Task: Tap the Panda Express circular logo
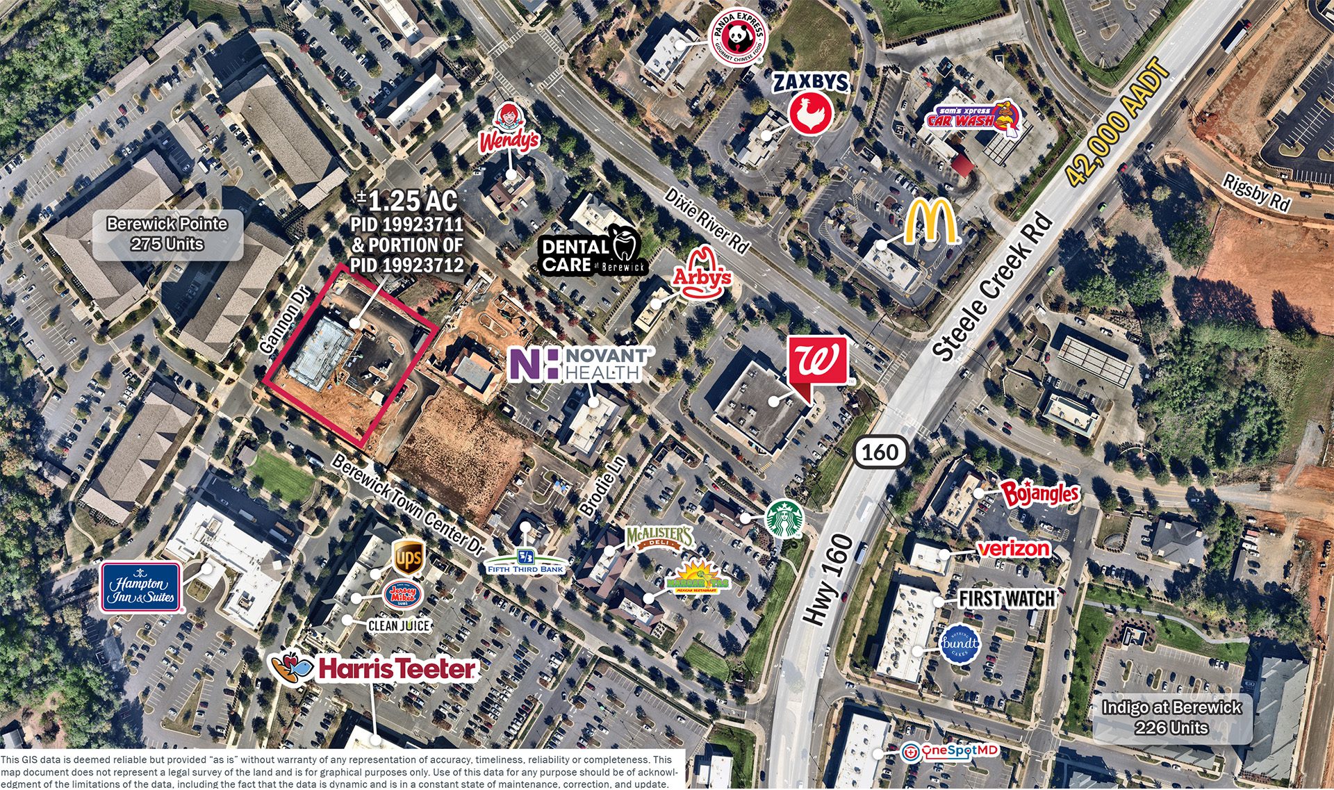[739, 33]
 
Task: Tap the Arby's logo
[702, 273]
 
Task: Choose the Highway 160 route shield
[880, 452]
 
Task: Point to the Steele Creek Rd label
[994, 288]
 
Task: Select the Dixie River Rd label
[707, 220]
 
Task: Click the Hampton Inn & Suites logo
[141, 588]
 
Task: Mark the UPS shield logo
[407, 557]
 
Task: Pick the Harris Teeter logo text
[397, 669]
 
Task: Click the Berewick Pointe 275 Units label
[167, 234]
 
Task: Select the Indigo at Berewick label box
[1171, 718]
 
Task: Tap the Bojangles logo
[1039, 493]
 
